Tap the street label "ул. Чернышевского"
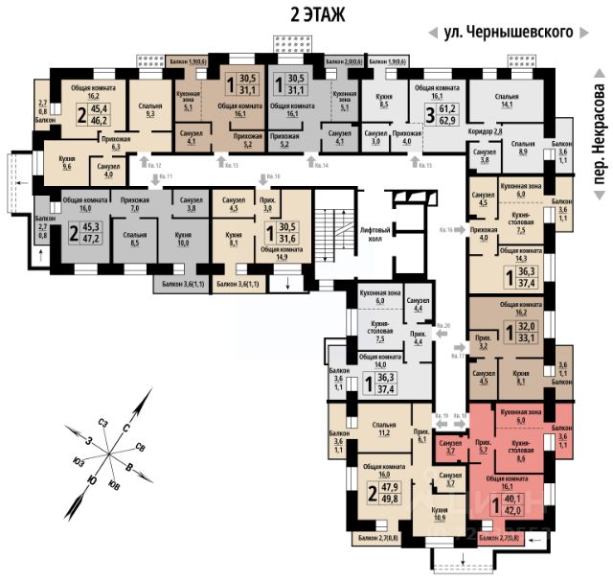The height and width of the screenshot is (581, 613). (x=509, y=33)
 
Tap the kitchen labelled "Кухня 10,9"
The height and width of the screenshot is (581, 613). (x=440, y=508)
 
